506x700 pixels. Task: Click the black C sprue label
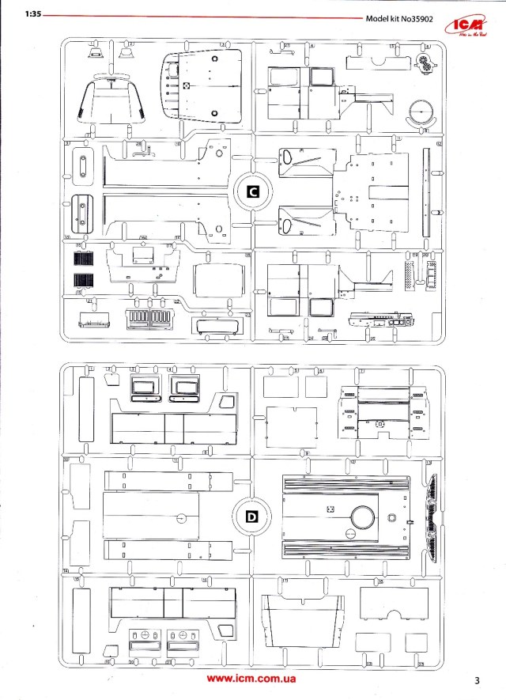(252, 191)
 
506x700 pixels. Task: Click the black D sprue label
(252, 518)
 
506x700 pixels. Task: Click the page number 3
(478, 680)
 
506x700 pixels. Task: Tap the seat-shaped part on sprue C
(111, 103)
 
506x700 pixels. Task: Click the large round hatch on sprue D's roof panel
(364, 517)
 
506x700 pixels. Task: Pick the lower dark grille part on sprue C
(82, 279)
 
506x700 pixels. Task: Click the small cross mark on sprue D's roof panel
(332, 510)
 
